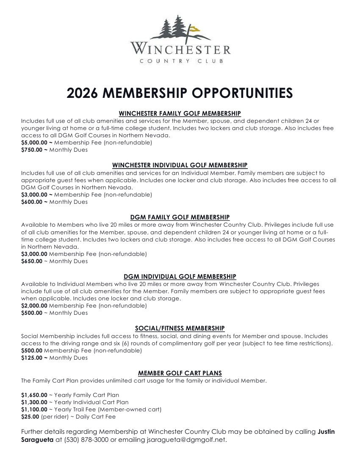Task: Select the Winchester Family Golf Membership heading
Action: [x=180, y=113]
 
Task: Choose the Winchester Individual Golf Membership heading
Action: [x=180, y=165]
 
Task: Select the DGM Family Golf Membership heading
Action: [x=180, y=217]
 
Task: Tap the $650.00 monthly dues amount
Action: [x=32, y=261]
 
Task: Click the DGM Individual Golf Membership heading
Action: [x=180, y=277]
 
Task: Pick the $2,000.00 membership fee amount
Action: [x=34, y=306]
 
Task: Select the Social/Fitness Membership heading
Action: [x=180, y=328]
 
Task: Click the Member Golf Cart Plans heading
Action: [x=180, y=373]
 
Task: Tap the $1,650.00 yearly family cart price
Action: [x=34, y=395]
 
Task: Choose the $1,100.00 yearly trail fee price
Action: [x=34, y=410]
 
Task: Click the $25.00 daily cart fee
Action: [x=30, y=417]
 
